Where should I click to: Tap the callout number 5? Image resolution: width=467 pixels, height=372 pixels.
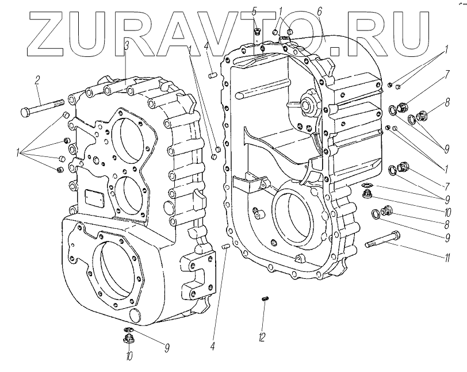point(255,11)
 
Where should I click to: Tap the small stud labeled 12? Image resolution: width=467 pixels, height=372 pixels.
point(266,298)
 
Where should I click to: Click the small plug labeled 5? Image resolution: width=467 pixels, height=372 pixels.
point(258,31)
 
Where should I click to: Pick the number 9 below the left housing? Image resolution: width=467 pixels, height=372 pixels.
point(167,347)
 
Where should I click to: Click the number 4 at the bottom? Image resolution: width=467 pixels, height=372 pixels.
point(212,347)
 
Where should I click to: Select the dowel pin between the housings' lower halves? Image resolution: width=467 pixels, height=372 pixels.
point(226,247)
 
